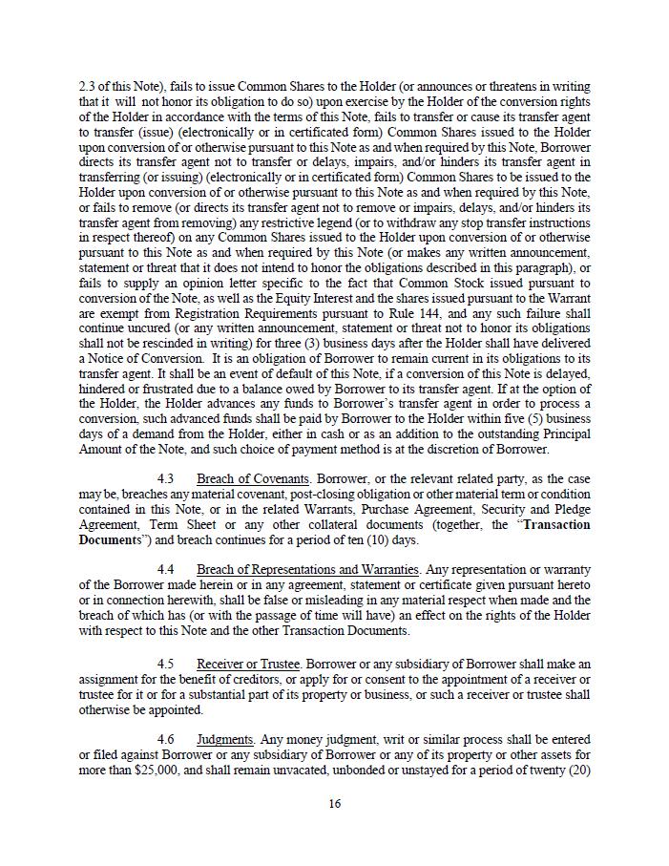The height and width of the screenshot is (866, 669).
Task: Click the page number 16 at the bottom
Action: click(334, 803)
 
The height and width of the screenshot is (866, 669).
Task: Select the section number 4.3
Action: click(165, 478)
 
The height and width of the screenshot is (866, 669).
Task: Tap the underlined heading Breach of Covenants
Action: click(253, 478)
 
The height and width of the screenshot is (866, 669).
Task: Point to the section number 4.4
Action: click(165, 569)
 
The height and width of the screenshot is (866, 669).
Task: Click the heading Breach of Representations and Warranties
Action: click(308, 569)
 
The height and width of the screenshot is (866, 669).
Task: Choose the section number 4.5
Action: click(165, 664)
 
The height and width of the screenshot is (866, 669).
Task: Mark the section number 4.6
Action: click(165, 739)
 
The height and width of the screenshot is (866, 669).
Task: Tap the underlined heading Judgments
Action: click(225, 739)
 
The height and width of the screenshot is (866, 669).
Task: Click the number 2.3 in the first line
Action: click(88, 87)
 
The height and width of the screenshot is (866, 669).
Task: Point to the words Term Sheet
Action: click(178, 525)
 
